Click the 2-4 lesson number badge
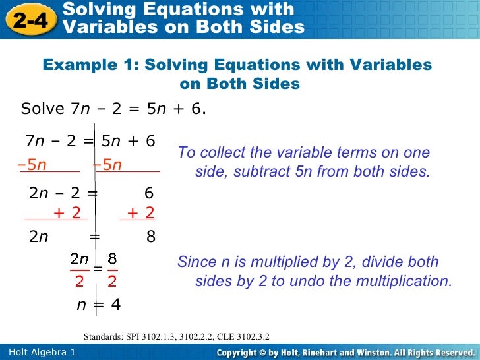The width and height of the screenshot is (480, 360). point(30,19)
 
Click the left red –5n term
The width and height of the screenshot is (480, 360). point(32,165)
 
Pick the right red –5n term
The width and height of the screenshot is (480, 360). point(108,165)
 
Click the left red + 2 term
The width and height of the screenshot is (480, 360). point(67,212)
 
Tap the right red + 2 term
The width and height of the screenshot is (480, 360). point(140,212)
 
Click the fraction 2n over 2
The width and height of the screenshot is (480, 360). point(80,269)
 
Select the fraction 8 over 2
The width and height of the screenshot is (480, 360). point(112,269)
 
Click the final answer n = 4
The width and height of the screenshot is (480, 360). point(98,305)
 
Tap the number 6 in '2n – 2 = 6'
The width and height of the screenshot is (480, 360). point(148,193)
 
